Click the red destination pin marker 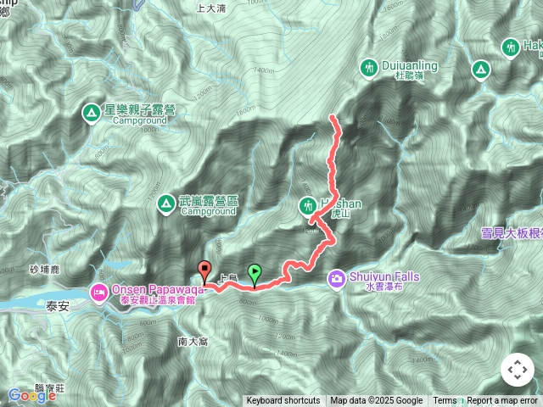[x=204, y=271]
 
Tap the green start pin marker [x=255, y=271]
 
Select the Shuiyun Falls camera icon [x=337, y=277]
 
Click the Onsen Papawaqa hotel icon [x=99, y=293]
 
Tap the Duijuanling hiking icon [x=368, y=66]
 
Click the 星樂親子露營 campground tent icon [x=91, y=111]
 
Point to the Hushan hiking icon [x=306, y=204]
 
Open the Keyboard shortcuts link [x=283, y=401]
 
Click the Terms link [x=445, y=401]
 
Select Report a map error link [x=502, y=401]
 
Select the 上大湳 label [x=210, y=8]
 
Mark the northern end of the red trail [x=331, y=117]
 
